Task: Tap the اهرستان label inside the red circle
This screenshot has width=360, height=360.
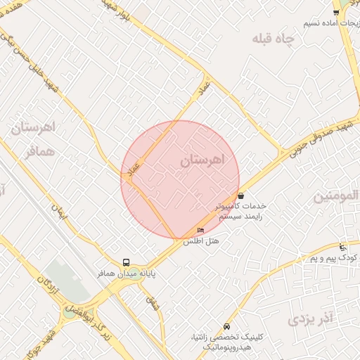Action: [x=200, y=161]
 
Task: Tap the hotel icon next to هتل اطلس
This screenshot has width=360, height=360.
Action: [x=201, y=231]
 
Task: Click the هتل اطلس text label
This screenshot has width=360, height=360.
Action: [x=201, y=241]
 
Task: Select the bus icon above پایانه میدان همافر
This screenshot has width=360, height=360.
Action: [x=127, y=262]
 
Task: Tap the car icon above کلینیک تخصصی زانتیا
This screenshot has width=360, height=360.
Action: [x=226, y=327]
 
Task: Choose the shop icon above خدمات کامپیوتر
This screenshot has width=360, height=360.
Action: [x=241, y=196]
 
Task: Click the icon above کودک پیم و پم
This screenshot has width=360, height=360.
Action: [x=342, y=247]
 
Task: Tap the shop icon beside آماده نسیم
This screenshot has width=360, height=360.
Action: [x=337, y=12]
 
